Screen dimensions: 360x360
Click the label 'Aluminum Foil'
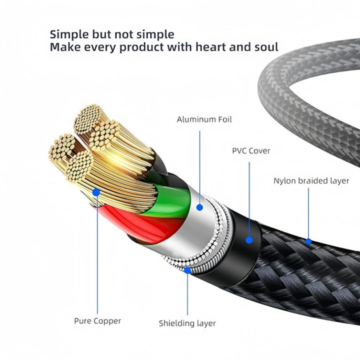tap(204, 119)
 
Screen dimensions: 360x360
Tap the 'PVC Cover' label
tap(250, 150)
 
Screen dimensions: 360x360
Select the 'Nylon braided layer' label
tap(311, 180)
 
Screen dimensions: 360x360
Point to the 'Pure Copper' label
tap(97, 320)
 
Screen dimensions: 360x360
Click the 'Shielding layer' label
tap(187, 323)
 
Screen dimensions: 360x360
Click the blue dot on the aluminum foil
tap(199, 206)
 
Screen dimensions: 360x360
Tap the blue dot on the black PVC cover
tap(249, 239)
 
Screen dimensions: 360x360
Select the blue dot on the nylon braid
tap(308, 241)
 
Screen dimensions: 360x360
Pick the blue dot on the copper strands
tap(96, 191)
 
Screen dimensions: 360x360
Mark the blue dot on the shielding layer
tap(187, 270)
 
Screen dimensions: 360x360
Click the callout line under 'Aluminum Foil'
tap(199, 165)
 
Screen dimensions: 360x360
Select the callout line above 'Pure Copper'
tap(97, 255)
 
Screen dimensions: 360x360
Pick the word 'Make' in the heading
tap(64, 47)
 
